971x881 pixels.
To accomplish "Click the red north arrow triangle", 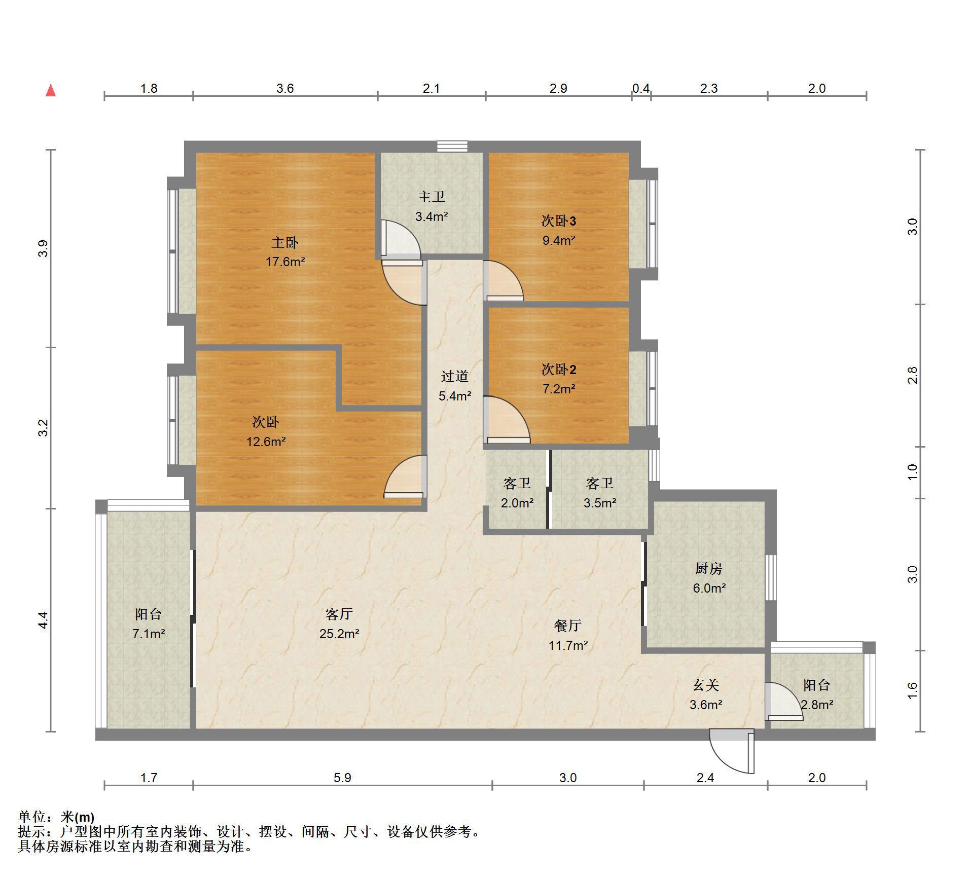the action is [51, 91].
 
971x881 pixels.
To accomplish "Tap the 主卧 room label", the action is [285, 243].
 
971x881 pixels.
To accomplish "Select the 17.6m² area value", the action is [285, 262].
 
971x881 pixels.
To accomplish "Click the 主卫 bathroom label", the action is [431, 197].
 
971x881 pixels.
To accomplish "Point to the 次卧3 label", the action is [559, 221].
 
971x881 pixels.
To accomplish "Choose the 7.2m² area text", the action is [559, 389].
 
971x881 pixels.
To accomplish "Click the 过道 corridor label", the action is [455, 377].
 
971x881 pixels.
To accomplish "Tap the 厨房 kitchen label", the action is [709, 569].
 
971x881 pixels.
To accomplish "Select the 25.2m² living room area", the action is [339, 634].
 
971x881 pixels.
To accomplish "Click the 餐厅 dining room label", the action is [568, 626].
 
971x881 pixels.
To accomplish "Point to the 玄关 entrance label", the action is [706, 685].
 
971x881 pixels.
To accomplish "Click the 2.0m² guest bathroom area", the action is [517, 503].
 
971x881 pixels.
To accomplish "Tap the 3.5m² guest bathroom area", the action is [600, 503].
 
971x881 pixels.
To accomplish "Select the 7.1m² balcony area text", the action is [149, 634].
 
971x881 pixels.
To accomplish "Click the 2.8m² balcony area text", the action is [817, 705].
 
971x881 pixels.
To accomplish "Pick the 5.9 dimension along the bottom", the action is [343, 778].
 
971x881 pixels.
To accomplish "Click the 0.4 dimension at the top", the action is [641, 89].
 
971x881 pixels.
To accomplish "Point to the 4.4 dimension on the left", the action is [44, 620].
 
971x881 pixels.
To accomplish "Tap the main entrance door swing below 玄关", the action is [732, 751].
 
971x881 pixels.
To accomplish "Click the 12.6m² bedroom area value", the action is [266, 442].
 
